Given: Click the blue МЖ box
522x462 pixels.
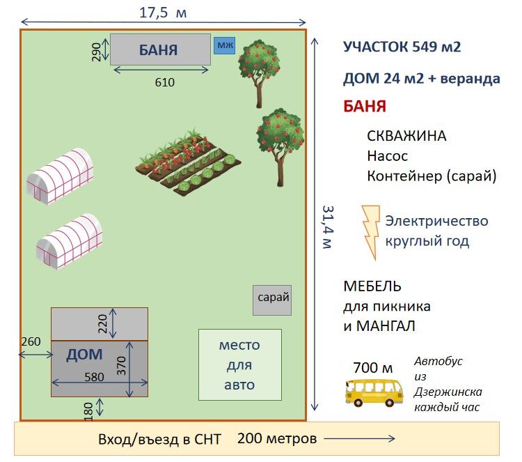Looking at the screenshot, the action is pyautogui.click(x=224, y=46).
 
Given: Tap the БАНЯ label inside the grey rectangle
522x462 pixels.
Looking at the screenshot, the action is pyautogui.click(x=158, y=50).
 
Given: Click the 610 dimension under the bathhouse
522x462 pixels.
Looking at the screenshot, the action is pyautogui.click(x=164, y=82).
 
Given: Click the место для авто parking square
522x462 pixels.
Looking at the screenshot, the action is pyautogui.click(x=239, y=364).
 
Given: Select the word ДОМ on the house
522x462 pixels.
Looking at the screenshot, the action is pyautogui.click(x=84, y=355).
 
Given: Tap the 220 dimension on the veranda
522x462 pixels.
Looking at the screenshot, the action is pyautogui.click(x=103, y=324).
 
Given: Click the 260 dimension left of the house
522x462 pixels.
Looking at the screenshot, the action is pyautogui.click(x=31, y=341).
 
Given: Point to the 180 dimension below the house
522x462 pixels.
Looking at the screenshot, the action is pyautogui.click(x=88, y=409).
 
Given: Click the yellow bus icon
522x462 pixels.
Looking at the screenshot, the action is pyautogui.click(x=374, y=392).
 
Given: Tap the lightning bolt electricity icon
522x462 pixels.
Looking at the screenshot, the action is pyautogui.click(x=371, y=232).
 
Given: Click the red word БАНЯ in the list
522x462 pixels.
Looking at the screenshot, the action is pyautogui.click(x=365, y=107).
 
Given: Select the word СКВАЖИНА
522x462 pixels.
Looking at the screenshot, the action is pyautogui.click(x=406, y=136).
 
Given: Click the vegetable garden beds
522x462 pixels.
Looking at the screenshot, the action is pyautogui.click(x=187, y=162).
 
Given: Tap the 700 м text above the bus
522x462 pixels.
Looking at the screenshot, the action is pyautogui.click(x=372, y=368).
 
